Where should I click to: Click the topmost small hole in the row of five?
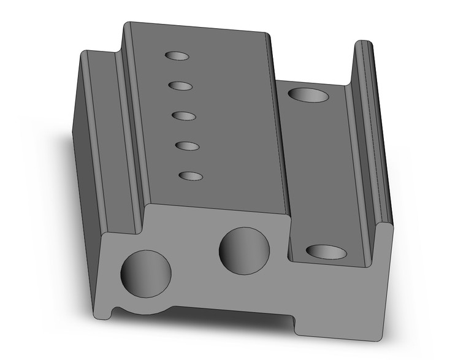point(177,56)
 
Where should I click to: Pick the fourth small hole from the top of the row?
point(187,146)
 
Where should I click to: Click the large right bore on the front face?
point(245,251)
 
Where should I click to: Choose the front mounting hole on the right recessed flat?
point(326,251)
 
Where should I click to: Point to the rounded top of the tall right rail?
point(363,44)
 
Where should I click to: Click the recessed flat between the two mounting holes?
point(316,172)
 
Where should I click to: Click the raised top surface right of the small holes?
point(239,123)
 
